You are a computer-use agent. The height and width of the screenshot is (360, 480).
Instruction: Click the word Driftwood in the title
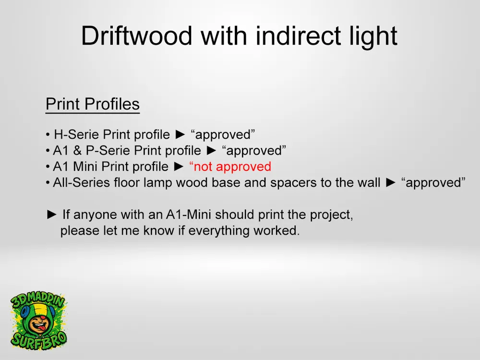tap(136, 36)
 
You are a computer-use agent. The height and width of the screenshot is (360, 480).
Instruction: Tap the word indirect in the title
tap(298, 36)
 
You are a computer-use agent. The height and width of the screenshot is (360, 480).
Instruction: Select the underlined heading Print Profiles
tap(93, 104)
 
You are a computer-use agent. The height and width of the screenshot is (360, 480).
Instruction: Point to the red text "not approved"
tap(230, 167)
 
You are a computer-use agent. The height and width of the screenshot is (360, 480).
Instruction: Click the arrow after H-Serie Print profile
tap(180, 134)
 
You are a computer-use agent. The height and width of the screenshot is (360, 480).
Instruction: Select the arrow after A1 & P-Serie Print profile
tap(212, 150)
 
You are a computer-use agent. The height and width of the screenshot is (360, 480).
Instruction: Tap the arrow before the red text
tap(179, 167)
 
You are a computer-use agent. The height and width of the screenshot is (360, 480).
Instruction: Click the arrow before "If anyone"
tap(52, 214)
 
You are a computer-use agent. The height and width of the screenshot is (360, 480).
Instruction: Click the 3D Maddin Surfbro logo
tap(38, 322)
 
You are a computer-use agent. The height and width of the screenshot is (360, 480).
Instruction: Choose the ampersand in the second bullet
tap(77, 151)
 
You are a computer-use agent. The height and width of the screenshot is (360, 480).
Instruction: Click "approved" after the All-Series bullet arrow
tap(433, 183)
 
